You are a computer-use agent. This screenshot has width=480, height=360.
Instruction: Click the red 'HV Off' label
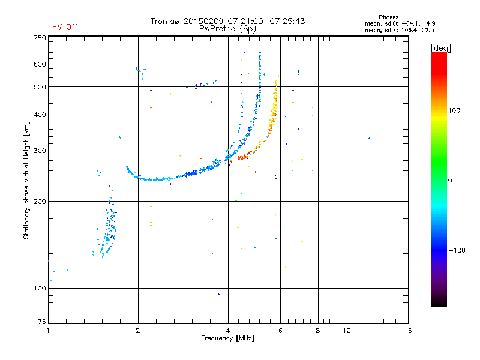[65, 27]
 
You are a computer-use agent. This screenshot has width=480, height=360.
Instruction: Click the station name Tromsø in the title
[165, 21]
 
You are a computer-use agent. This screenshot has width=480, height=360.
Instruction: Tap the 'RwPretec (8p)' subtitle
[227, 29]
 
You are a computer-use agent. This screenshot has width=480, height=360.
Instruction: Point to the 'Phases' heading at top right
[388, 17]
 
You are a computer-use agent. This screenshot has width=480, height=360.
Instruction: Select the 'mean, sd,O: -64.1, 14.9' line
[400, 23]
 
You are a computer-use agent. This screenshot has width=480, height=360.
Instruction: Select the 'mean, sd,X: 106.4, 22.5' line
[399, 30]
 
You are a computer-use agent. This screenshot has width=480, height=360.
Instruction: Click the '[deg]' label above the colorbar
[440, 48]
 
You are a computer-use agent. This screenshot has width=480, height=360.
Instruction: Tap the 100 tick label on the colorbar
[454, 110]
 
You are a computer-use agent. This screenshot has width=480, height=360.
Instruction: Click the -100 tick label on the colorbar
[457, 250]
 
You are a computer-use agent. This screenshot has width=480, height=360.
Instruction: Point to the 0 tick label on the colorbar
[450, 181]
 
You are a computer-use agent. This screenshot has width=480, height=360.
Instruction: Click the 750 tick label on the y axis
[40, 38]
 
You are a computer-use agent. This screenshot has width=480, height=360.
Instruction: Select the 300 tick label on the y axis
[40, 151]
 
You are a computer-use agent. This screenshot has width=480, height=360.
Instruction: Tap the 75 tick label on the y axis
[42, 322]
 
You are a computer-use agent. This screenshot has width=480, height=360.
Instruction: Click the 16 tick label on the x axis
[408, 331]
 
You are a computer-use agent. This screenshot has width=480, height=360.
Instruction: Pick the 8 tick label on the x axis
[318, 331]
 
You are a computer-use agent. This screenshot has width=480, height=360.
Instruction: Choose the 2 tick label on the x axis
[138, 331]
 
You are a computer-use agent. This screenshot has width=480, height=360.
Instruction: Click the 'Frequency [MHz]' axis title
[227, 338]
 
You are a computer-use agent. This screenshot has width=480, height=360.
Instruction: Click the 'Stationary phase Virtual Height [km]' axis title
[26, 181]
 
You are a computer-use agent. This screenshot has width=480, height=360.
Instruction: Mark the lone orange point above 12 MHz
[376, 92]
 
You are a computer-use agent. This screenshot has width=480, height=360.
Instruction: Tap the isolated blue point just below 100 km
[219, 295]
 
